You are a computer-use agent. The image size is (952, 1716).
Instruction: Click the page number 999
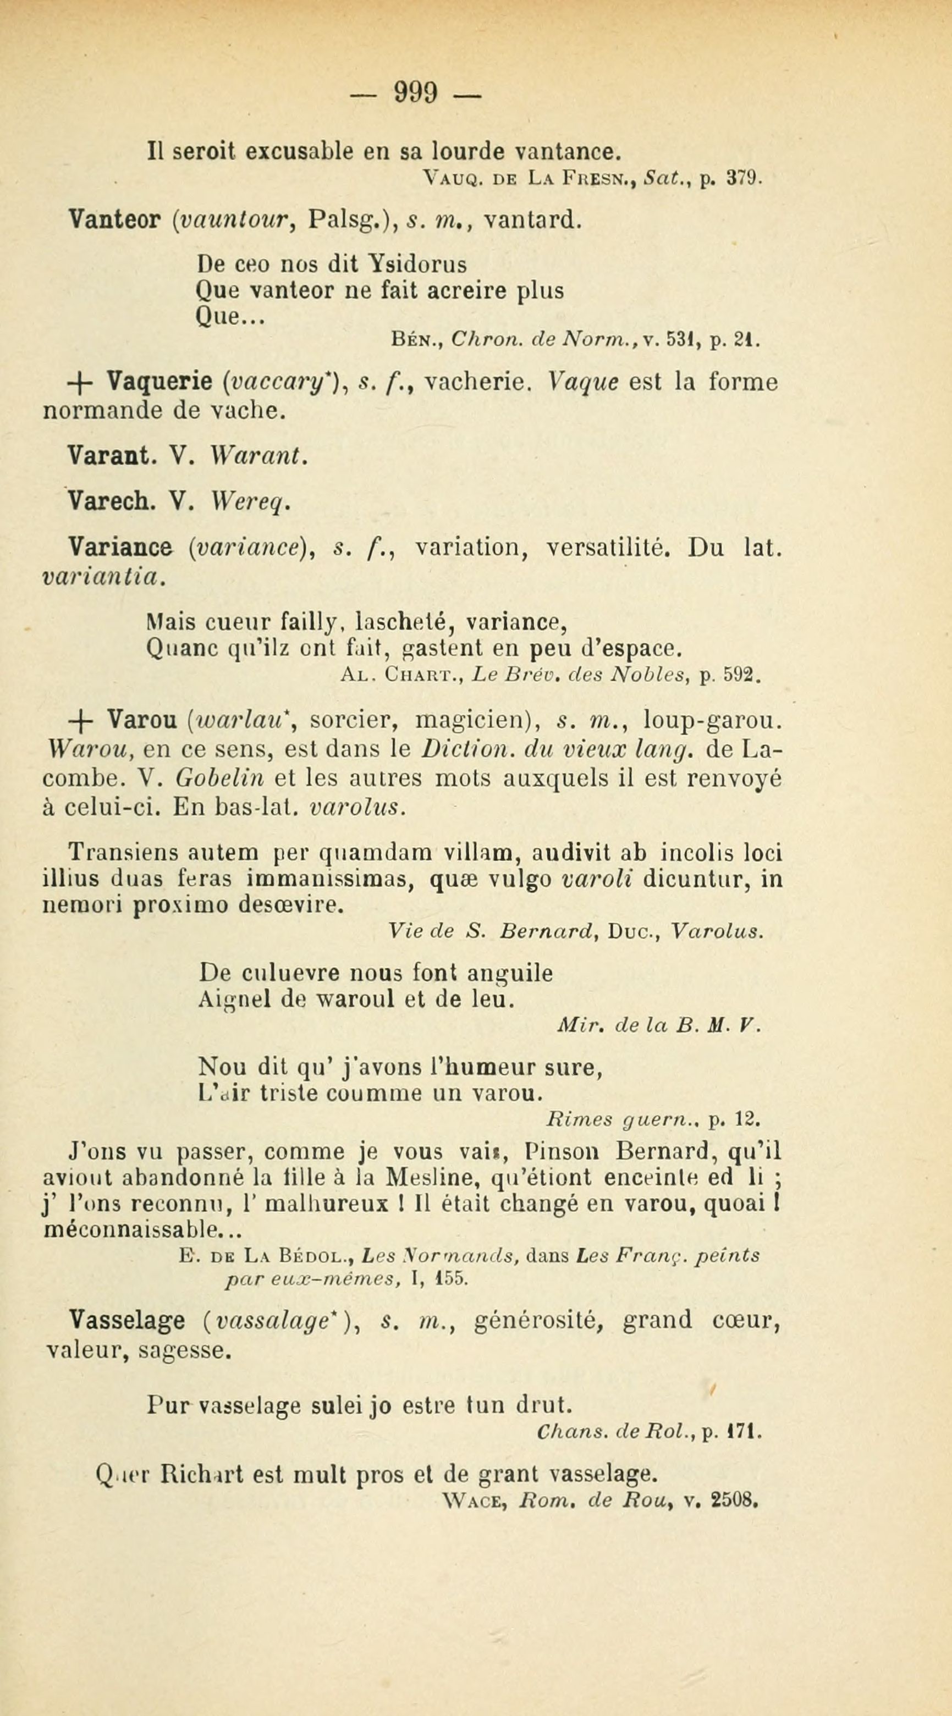pos(416,91)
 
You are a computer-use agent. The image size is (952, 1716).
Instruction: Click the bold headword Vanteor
pos(113,219)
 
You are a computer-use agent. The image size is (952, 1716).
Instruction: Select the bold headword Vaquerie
pos(158,382)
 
